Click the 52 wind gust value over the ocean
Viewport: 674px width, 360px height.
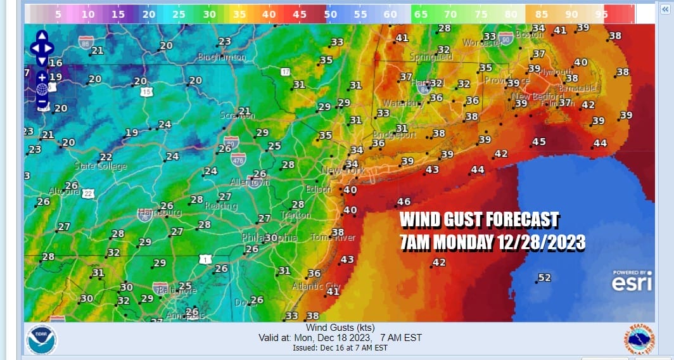coord(544,278)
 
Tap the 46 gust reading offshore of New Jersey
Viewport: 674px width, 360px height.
coord(404,202)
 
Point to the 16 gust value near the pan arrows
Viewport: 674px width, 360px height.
coord(56,63)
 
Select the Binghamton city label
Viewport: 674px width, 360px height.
coord(222,57)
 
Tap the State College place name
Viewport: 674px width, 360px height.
coord(101,167)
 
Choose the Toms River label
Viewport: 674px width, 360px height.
coord(334,238)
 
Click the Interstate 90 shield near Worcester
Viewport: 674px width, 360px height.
coord(505,38)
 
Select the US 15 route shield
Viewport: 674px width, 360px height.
coord(146,92)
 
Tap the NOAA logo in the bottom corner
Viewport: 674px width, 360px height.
coord(41,339)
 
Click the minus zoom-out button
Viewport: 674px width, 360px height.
coord(42,101)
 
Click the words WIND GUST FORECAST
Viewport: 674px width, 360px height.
coord(480,221)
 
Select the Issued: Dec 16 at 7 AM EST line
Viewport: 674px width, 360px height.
coord(340,348)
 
